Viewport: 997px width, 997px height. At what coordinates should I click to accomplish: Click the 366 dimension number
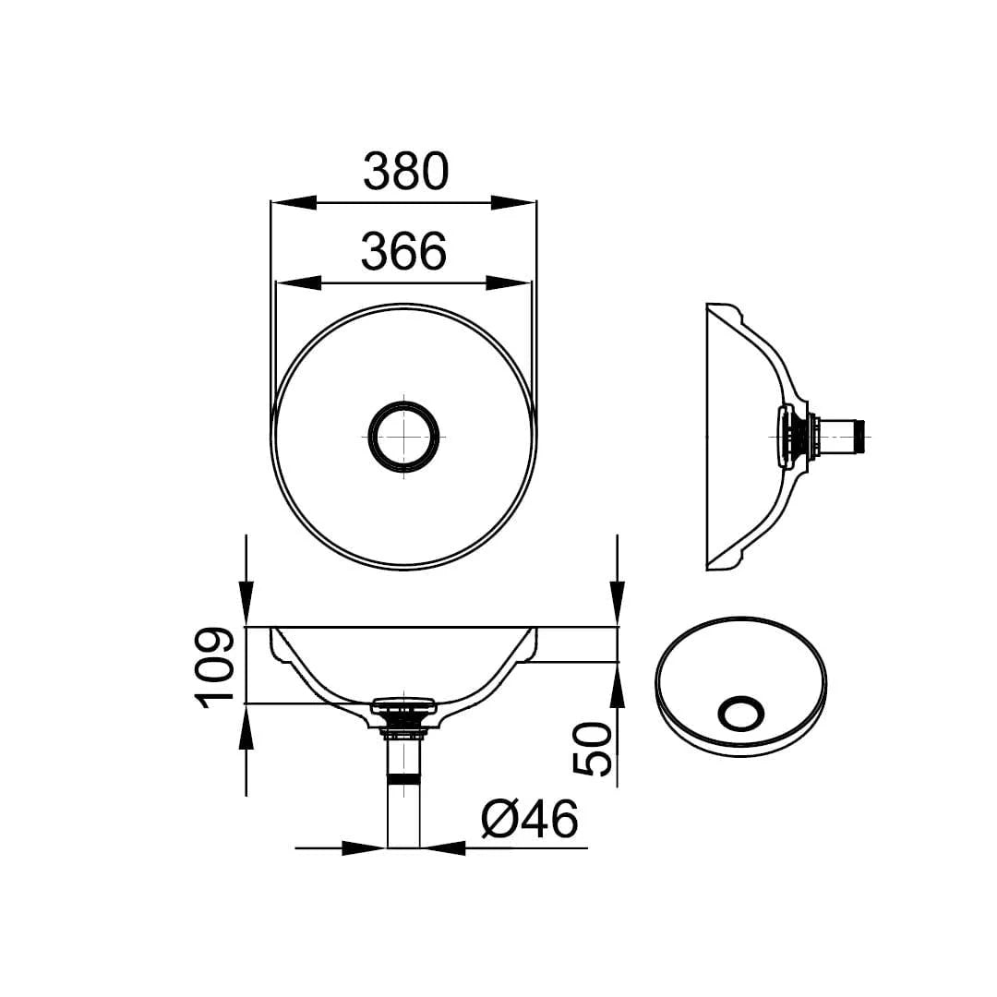coord(404,251)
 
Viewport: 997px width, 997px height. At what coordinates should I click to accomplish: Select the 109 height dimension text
coord(214,667)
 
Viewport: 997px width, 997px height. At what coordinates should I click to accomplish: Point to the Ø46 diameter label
coord(529,818)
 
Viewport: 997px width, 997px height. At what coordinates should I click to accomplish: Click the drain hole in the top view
coord(404,435)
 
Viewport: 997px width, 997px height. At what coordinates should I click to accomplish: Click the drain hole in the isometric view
coord(740,715)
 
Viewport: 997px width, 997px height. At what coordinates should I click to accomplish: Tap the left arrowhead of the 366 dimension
coord(298,282)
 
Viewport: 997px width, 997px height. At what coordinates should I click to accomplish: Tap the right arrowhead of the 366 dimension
coord(510,282)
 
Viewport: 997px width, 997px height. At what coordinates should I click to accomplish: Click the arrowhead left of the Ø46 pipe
coord(364,847)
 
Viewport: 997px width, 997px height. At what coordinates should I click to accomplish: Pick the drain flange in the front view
coord(402,707)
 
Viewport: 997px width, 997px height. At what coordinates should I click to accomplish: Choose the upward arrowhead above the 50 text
coord(618,683)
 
